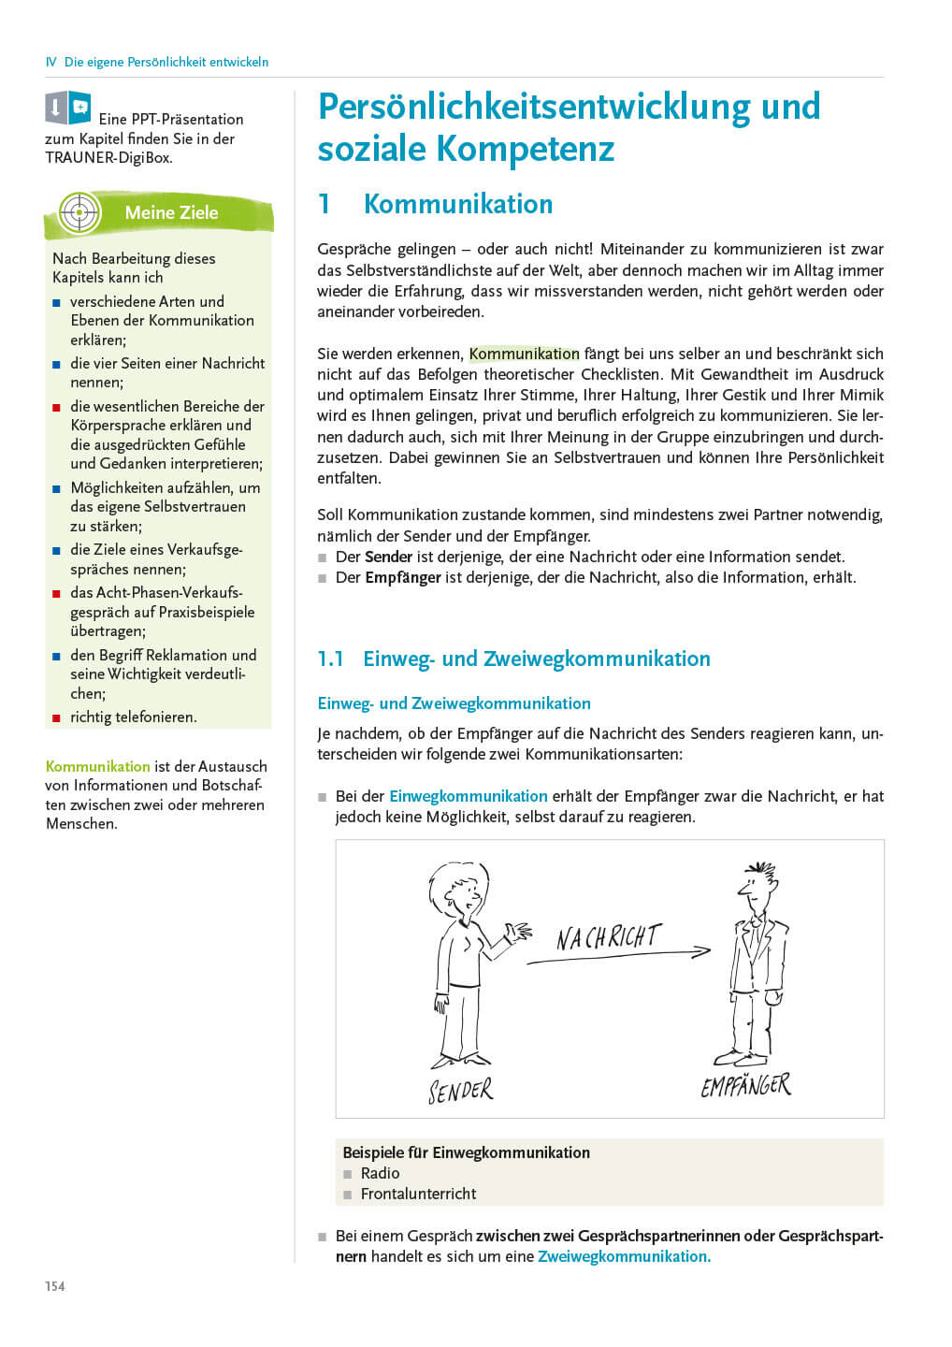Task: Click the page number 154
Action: (55, 1286)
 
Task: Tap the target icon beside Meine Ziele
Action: (79, 212)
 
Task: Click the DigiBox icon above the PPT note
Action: (68, 108)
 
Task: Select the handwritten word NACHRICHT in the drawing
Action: (609, 936)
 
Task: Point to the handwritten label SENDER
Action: (460, 1091)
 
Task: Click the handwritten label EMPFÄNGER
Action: (745, 1085)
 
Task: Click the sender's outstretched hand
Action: (517, 932)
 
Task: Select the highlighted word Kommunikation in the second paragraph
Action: (524, 354)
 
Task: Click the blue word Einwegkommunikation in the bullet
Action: (468, 796)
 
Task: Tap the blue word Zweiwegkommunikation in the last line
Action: (624, 1256)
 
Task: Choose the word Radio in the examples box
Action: (380, 1173)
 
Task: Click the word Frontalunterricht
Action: (418, 1194)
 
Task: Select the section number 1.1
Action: (331, 659)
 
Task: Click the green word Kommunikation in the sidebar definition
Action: (97, 766)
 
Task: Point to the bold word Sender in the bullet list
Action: (388, 557)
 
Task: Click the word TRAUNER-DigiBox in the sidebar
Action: (108, 158)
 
